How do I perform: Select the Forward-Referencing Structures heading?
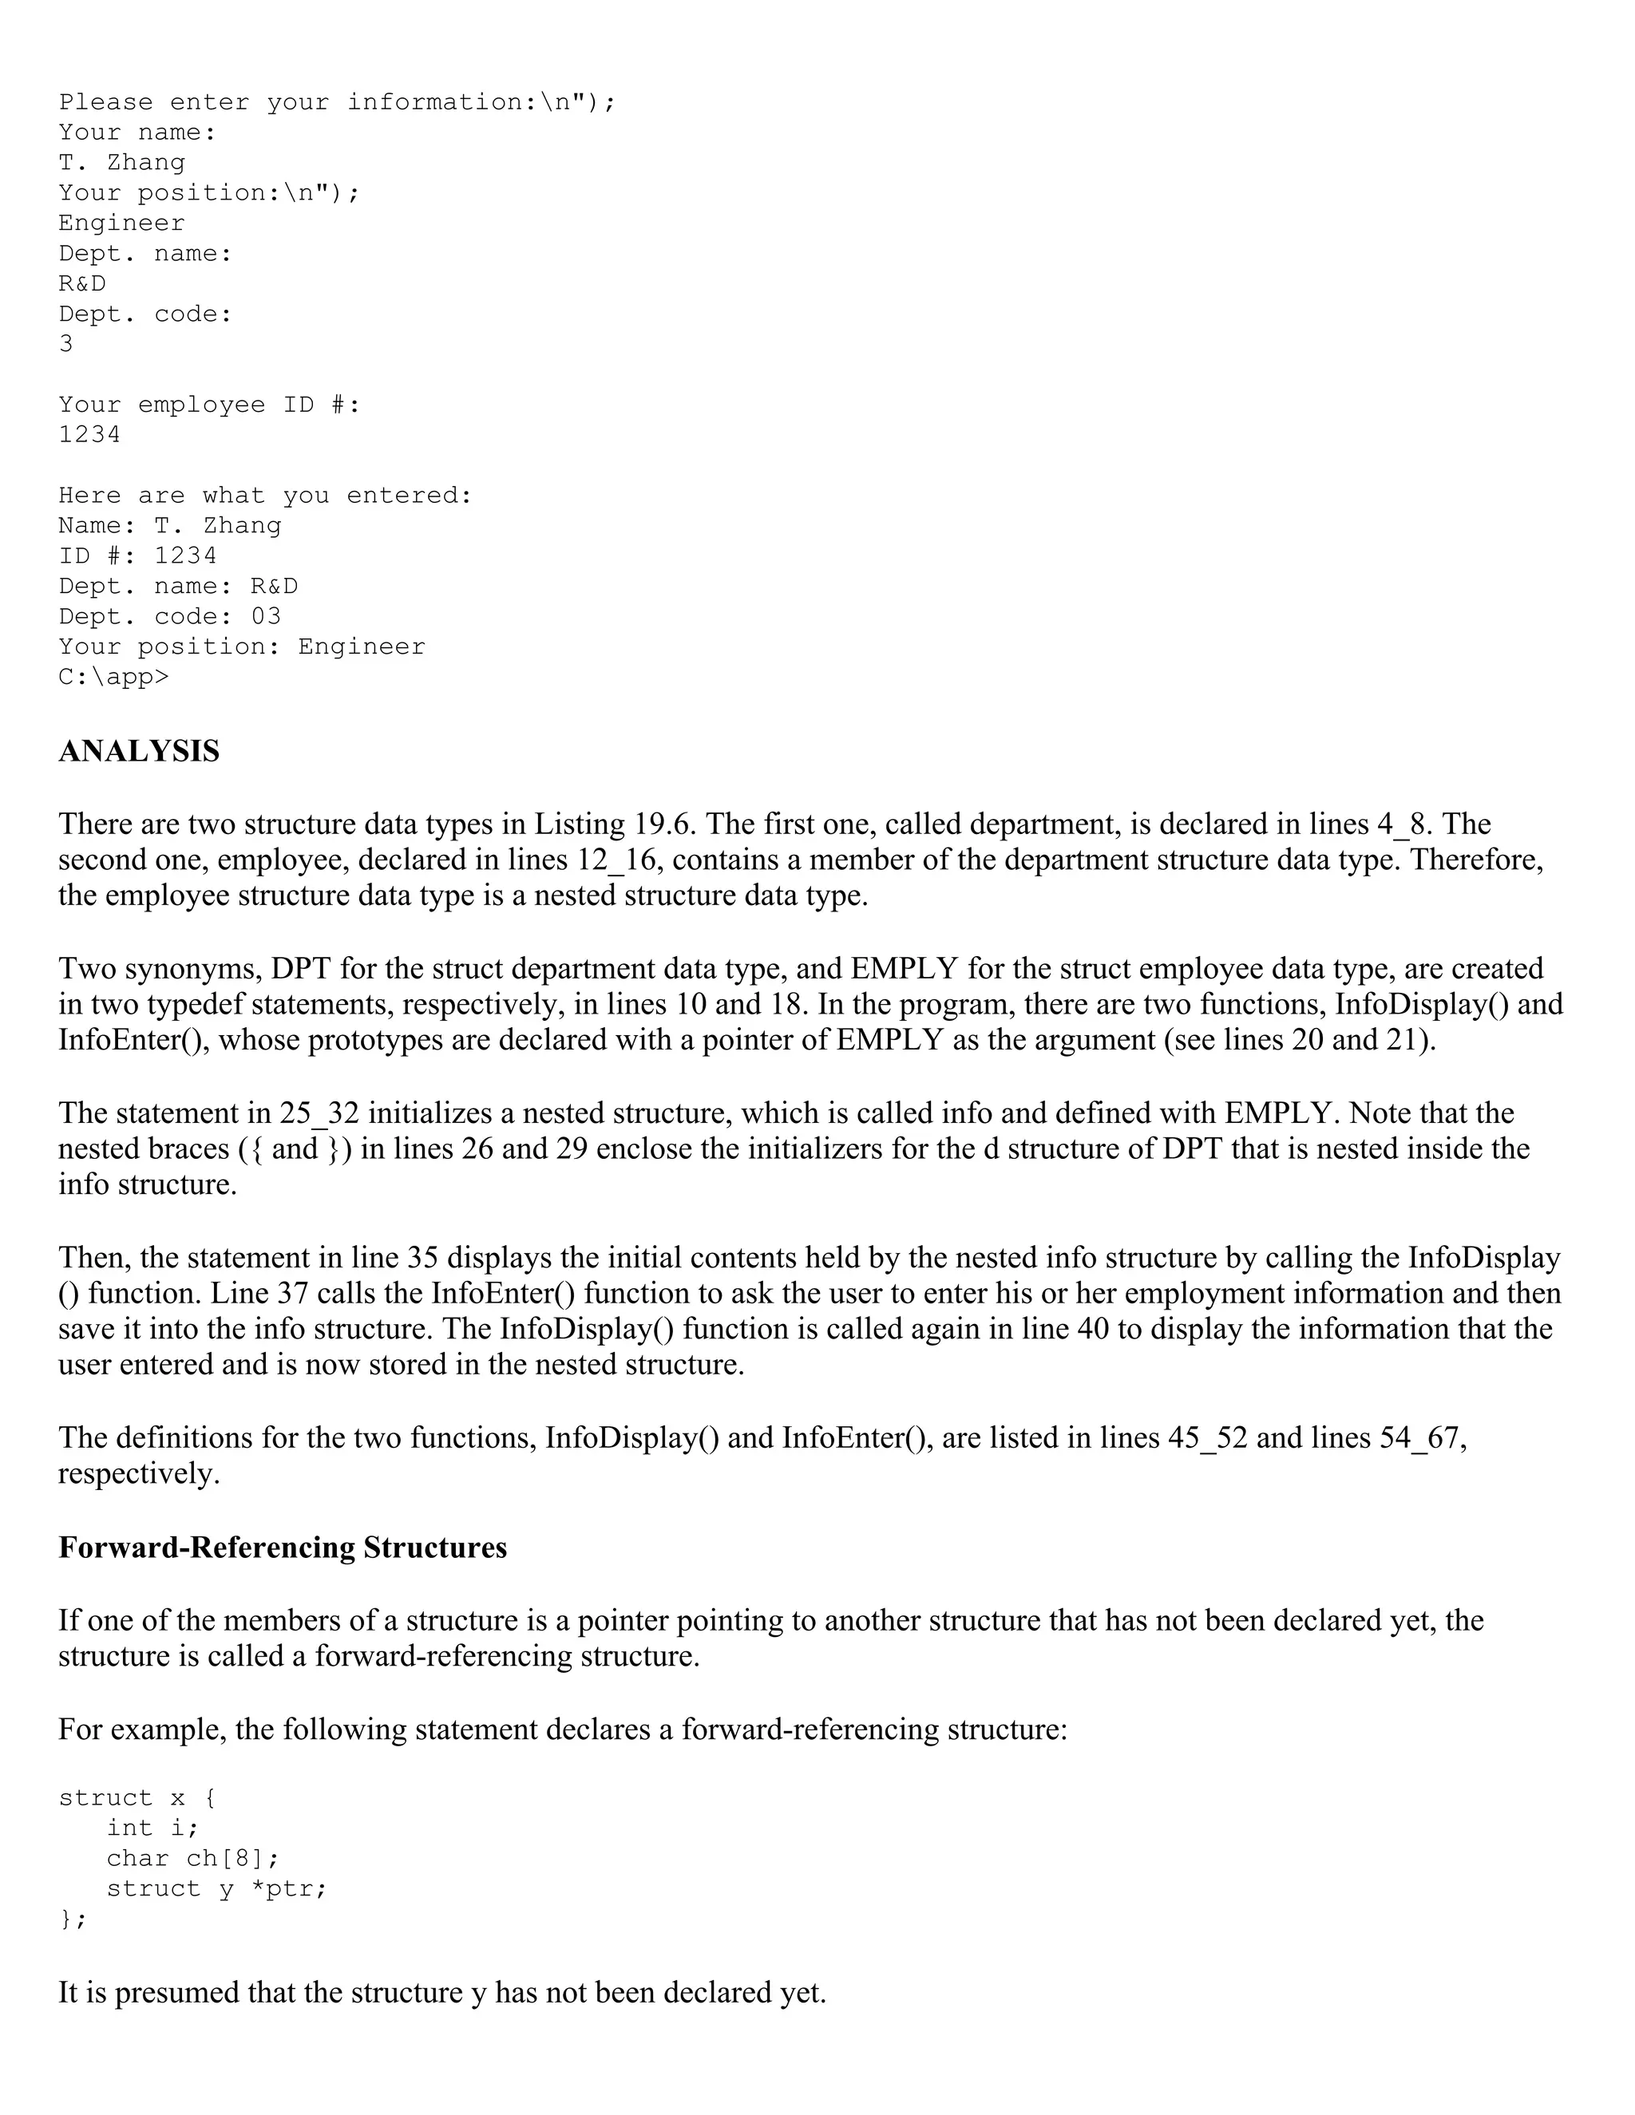point(282,1548)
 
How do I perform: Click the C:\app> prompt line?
point(113,677)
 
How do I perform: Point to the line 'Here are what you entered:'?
point(264,495)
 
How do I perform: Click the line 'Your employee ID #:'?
point(209,404)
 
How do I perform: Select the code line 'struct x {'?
point(137,1798)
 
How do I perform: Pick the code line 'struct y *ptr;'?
point(216,1888)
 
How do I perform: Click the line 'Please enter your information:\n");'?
point(336,101)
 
